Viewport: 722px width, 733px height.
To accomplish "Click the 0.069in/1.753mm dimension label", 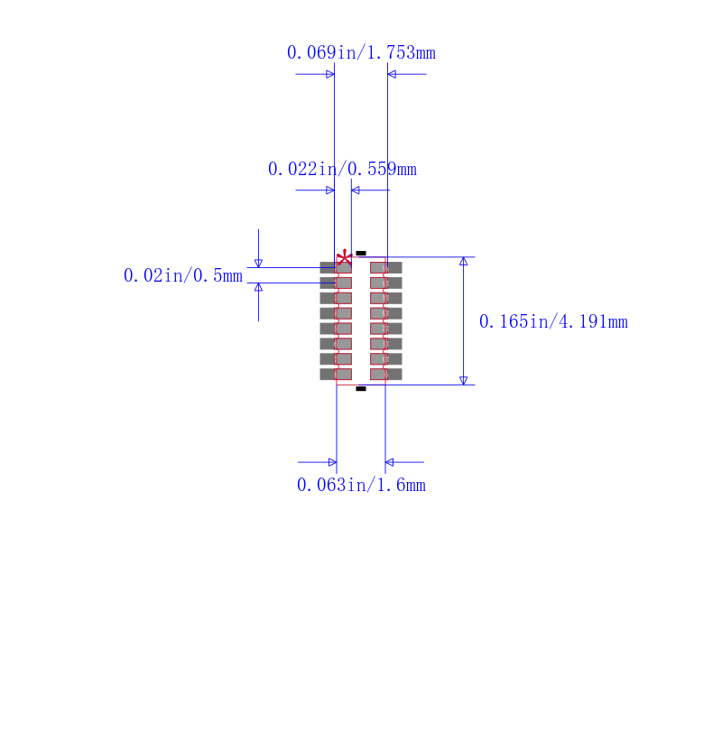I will click(x=361, y=52).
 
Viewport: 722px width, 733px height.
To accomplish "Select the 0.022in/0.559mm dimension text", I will click(x=342, y=169).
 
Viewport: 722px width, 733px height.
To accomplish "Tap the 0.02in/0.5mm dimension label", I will click(x=182, y=275).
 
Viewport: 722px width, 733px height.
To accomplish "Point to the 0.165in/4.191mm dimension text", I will click(x=552, y=321).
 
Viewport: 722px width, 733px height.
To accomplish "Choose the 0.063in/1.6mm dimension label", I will click(x=361, y=485).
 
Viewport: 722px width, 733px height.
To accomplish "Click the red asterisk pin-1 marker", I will click(x=344, y=259).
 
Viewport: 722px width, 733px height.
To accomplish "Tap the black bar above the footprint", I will click(x=361, y=253).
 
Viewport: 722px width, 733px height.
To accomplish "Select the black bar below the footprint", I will click(x=361, y=388).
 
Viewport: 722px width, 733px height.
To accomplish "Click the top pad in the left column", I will click(x=336, y=267).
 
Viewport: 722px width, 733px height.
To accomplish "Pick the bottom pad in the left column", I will click(x=336, y=374).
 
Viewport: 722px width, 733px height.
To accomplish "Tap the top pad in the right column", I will click(x=386, y=267).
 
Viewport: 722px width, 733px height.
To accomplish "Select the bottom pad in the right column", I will click(x=386, y=374).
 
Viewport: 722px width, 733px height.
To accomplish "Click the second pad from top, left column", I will click(x=336, y=283).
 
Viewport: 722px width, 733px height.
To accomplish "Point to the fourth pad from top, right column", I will click(x=386, y=313).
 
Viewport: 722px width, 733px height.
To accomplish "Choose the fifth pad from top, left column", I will click(x=336, y=329).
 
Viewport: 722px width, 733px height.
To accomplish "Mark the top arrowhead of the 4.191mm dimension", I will click(x=464, y=261).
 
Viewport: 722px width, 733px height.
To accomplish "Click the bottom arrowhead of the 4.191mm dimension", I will click(x=464, y=380).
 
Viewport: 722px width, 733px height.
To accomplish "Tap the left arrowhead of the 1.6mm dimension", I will click(x=332, y=462).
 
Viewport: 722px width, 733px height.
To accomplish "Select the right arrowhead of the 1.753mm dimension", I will click(x=393, y=74).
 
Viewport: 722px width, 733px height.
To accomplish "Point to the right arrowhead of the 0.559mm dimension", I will click(x=356, y=190).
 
